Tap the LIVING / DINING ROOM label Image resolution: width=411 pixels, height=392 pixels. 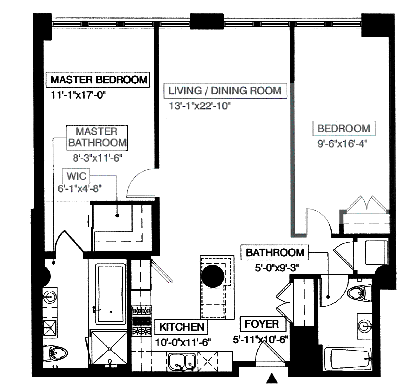coord(225,91)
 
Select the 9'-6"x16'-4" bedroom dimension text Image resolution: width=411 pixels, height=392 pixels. coord(342,144)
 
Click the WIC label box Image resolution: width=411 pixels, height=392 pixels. coord(76,176)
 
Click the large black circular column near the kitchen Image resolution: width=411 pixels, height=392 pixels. coord(213,276)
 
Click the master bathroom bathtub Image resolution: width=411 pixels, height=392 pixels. coord(111,295)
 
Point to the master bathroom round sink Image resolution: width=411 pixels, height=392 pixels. coord(50,297)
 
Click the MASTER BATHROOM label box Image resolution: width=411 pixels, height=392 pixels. coord(97,137)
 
